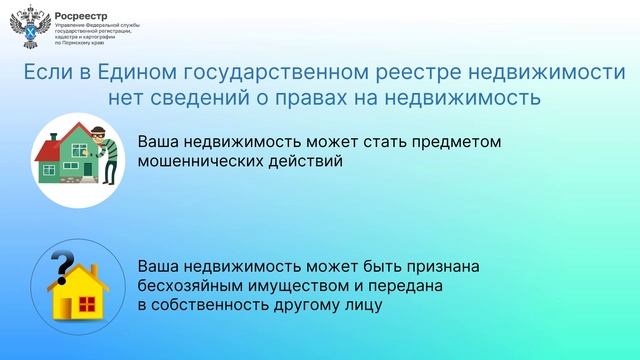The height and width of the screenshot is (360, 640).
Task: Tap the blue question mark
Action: (62, 268)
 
